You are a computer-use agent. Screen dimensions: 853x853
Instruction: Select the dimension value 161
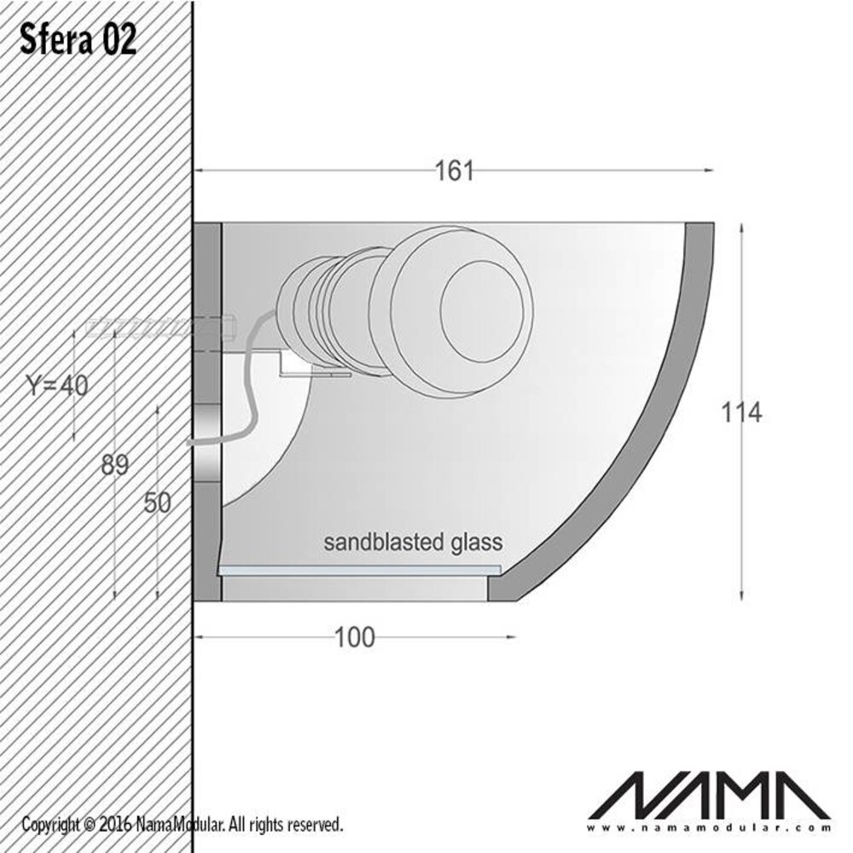[454, 171]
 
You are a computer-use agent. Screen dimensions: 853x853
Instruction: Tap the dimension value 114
[740, 412]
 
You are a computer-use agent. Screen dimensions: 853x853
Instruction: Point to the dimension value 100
[355, 636]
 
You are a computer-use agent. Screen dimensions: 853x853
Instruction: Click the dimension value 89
[114, 465]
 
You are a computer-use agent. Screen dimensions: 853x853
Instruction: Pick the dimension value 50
[158, 503]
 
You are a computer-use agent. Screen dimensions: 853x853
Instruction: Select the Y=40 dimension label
[55, 386]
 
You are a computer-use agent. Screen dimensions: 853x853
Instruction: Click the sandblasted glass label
[413, 542]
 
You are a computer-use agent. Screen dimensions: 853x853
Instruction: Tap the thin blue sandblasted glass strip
[358, 568]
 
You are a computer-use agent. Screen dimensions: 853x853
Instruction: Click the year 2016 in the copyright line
[115, 825]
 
